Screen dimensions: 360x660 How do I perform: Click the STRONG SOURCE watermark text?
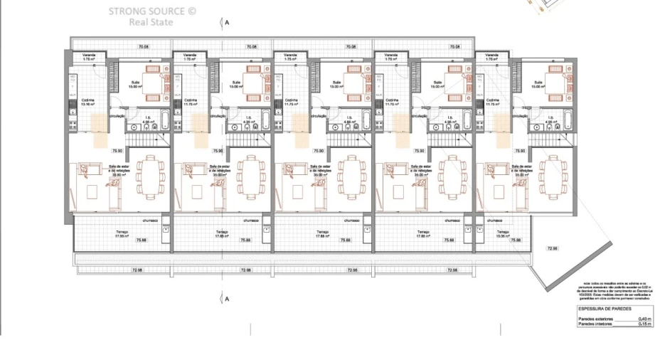point(151,11)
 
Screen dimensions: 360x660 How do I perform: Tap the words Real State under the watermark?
point(151,22)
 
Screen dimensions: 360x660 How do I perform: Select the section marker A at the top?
point(227,23)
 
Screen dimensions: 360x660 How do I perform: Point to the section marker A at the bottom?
point(227,299)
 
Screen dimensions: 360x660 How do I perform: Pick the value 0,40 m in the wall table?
point(644,319)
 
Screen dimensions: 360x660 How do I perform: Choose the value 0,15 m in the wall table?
point(644,324)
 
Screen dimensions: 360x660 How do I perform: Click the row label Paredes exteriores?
point(595,319)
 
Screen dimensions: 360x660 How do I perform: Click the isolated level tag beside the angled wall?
point(552,248)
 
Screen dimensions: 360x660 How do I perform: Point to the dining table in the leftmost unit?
point(150,174)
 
